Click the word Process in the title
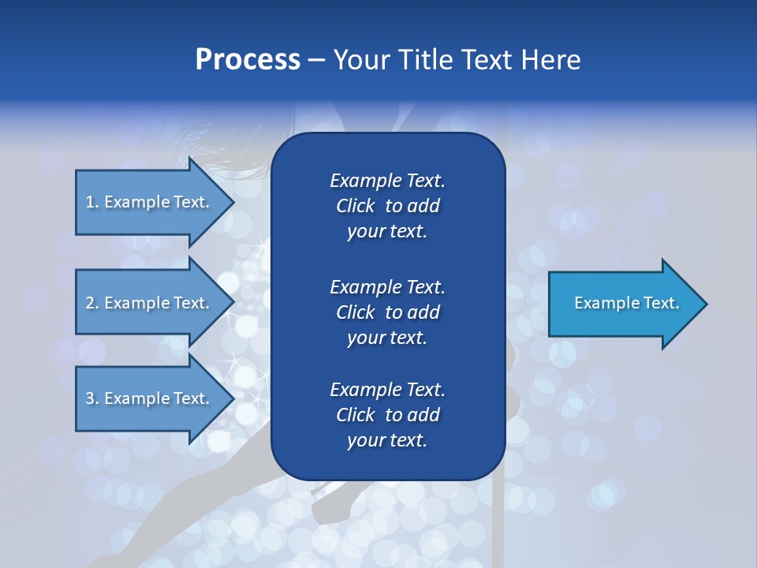[248, 60]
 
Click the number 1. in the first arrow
[92, 202]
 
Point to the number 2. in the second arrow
[92, 303]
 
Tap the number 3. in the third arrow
[92, 398]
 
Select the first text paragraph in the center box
[387, 206]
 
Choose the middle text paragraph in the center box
[387, 312]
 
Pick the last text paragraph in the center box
[387, 415]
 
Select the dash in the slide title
[316, 60]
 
